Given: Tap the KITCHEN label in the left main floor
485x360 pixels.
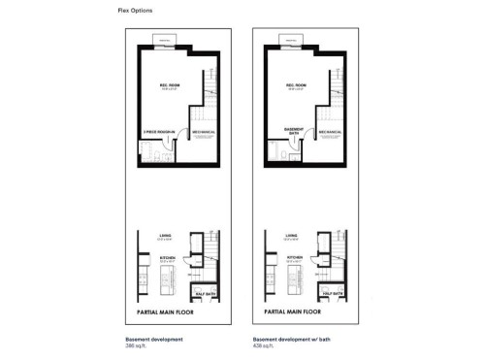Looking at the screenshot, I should pos(166,256).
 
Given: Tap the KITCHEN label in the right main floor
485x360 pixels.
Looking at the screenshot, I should pos(292,256).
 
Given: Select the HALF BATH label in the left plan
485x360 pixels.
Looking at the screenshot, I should pos(206,292).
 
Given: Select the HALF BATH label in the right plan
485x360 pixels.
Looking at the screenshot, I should pos(332,292).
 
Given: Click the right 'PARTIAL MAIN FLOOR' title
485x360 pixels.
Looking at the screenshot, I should pos(285,313).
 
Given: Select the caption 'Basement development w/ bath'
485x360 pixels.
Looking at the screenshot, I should pos(287,338).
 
